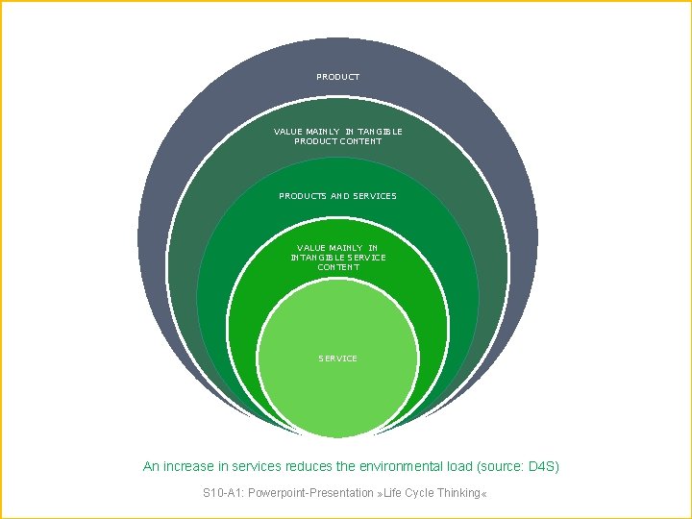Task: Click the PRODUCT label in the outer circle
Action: [337, 77]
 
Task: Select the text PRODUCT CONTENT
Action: [337, 141]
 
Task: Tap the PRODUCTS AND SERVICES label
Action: [337, 196]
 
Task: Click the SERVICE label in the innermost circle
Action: [337, 358]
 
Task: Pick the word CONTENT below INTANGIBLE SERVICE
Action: [337, 267]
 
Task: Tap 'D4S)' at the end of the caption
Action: [544, 466]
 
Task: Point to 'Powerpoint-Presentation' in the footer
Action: [310, 493]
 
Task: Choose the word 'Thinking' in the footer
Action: [457, 493]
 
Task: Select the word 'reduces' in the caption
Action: [309, 466]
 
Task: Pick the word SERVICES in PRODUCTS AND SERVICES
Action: [375, 196]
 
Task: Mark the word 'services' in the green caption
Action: [258, 466]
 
